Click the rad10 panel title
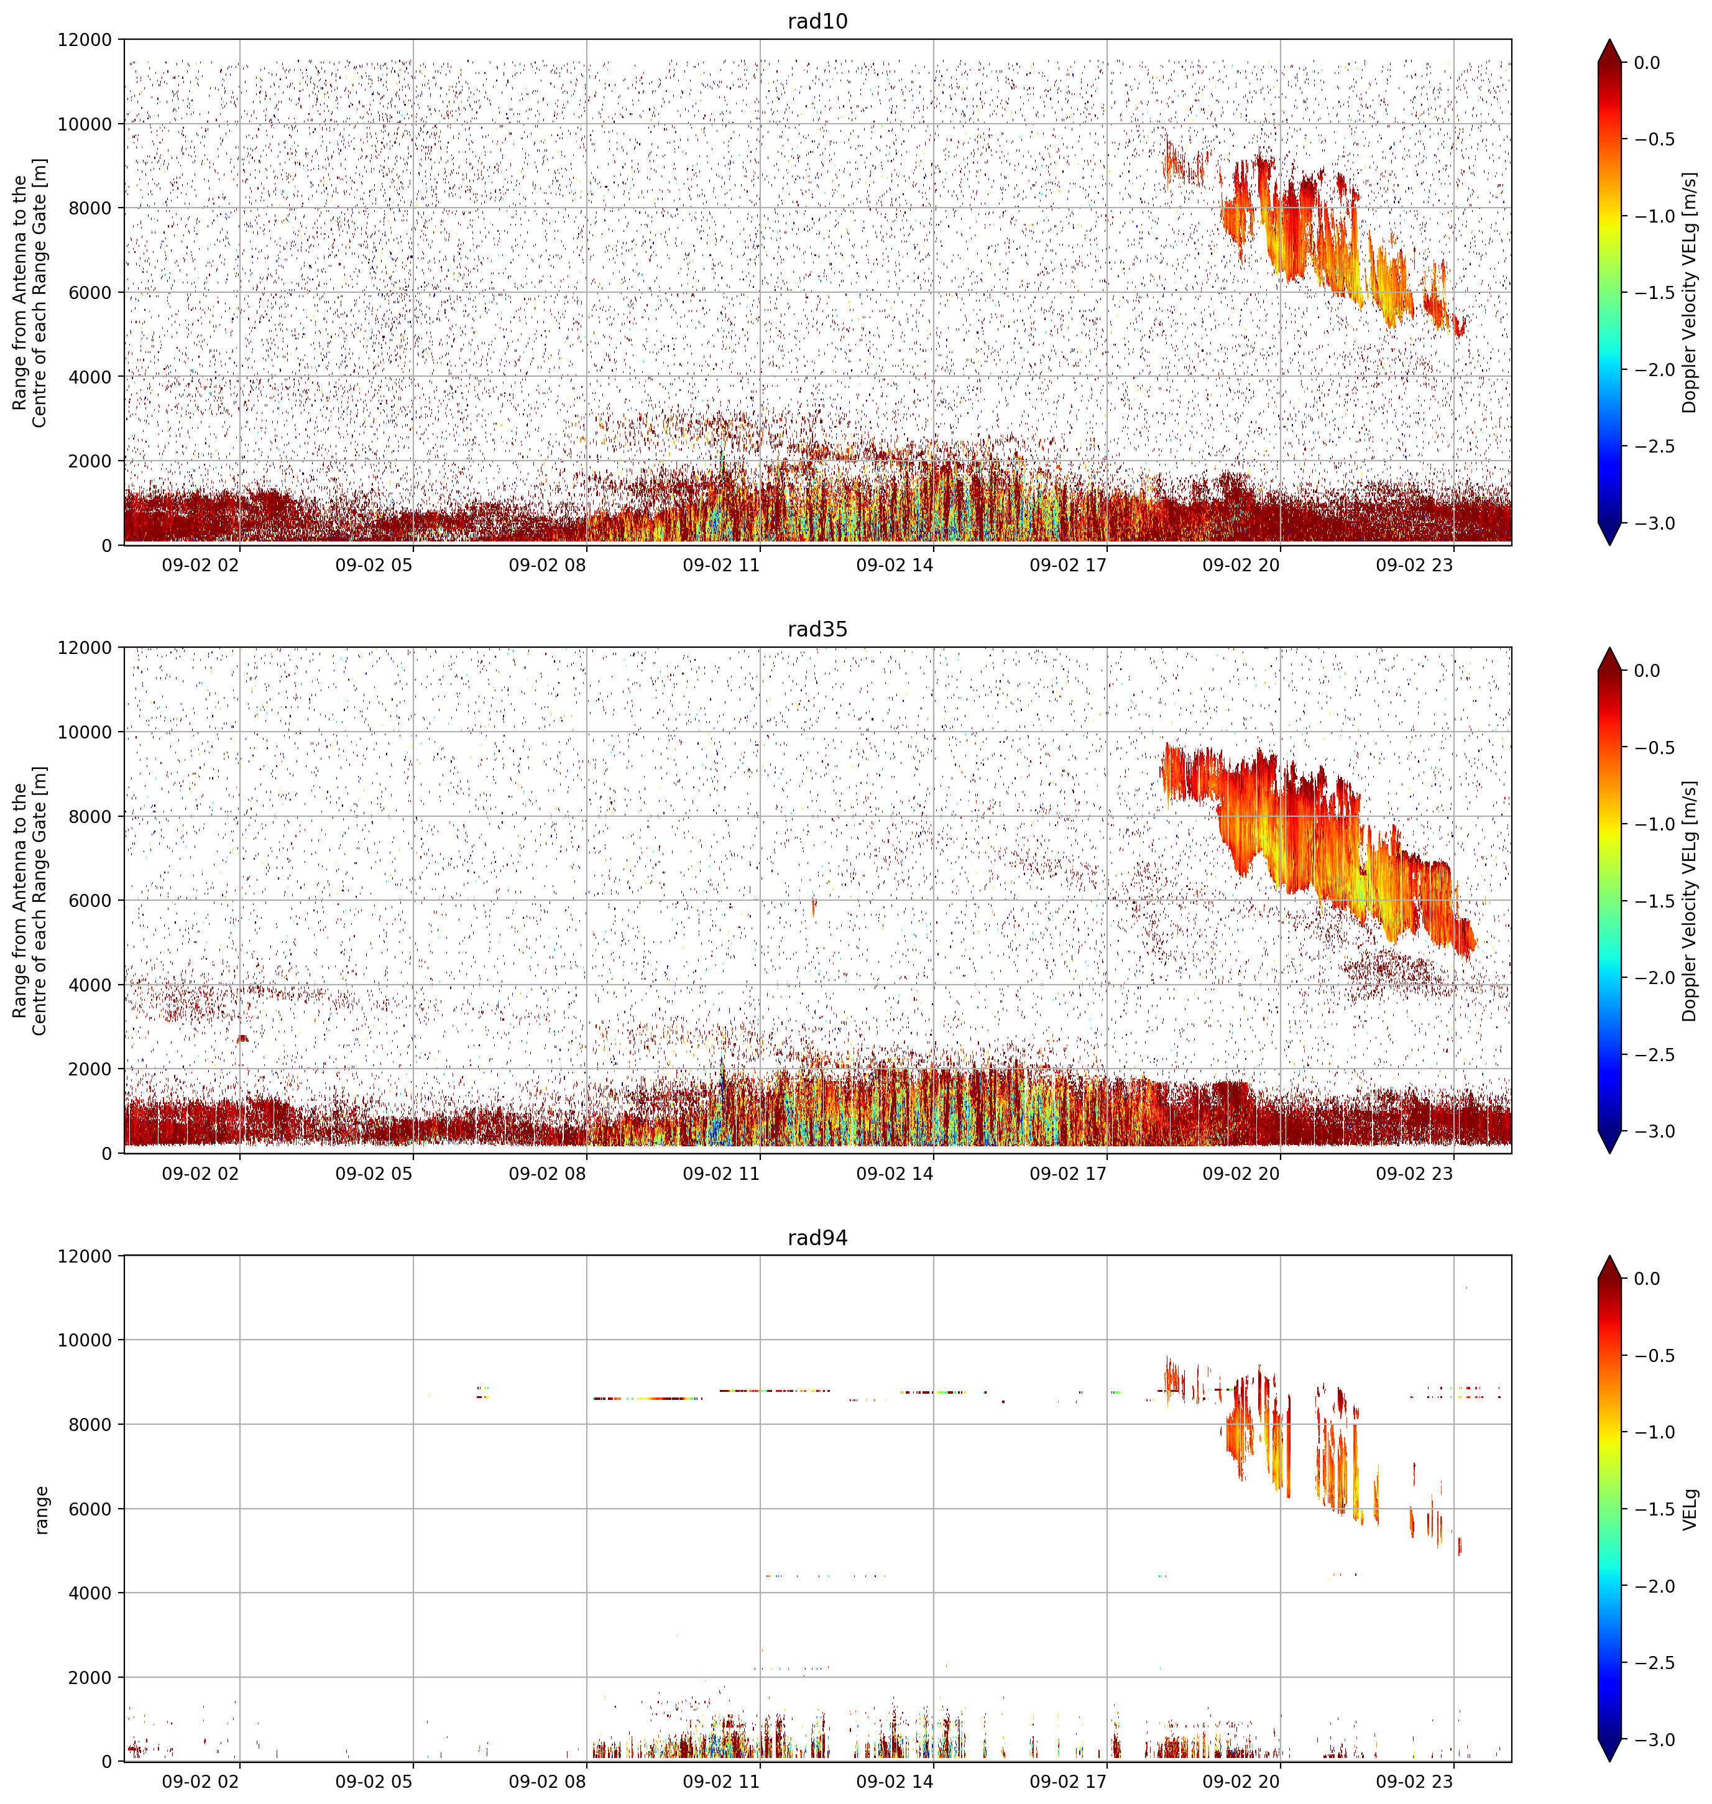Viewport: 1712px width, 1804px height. click(817, 21)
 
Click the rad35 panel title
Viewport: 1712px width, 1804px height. click(817, 630)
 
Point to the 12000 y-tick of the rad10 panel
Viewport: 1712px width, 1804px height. click(84, 40)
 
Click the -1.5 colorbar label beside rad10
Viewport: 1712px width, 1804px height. click(1654, 293)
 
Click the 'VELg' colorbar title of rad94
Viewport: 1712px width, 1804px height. click(1691, 1509)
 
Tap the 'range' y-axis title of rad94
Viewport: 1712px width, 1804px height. click(41, 1509)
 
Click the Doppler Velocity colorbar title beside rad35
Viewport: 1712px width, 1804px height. click(1691, 901)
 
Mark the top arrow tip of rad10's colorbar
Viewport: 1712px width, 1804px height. click(1610, 39)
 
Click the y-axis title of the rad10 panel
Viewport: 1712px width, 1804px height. click(30, 293)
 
